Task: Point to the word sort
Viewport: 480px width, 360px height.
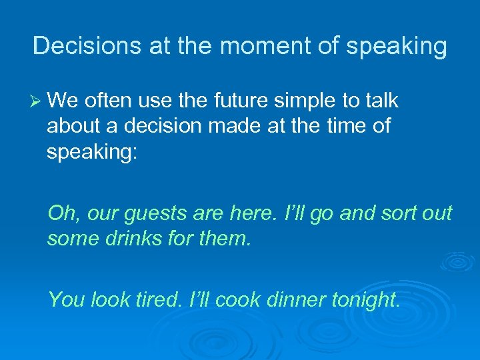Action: [x=396, y=213]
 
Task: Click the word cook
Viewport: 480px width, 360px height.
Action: [x=237, y=300]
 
